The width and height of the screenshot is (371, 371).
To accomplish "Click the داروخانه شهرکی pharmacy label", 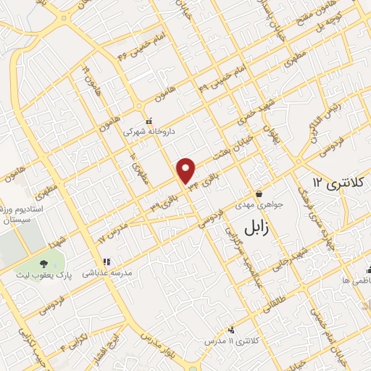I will [148, 133].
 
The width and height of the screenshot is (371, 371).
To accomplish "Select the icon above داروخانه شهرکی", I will [148, 121].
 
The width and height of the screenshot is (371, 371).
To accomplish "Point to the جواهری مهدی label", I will [260, 206].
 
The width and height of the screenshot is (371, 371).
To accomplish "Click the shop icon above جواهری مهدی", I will [259, 193].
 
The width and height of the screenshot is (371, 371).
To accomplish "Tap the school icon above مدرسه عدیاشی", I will [107, 261].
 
